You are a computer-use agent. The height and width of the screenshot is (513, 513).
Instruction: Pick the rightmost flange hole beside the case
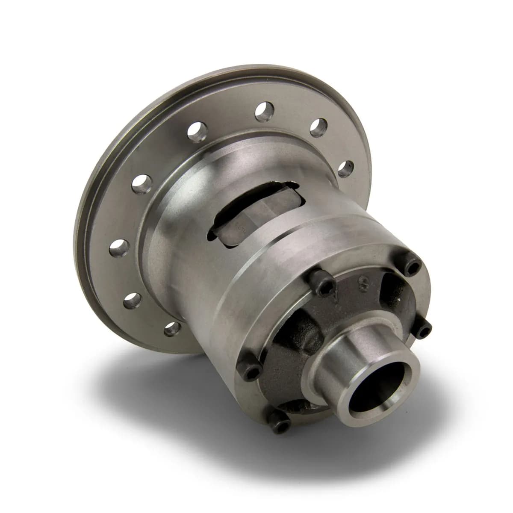346,168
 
